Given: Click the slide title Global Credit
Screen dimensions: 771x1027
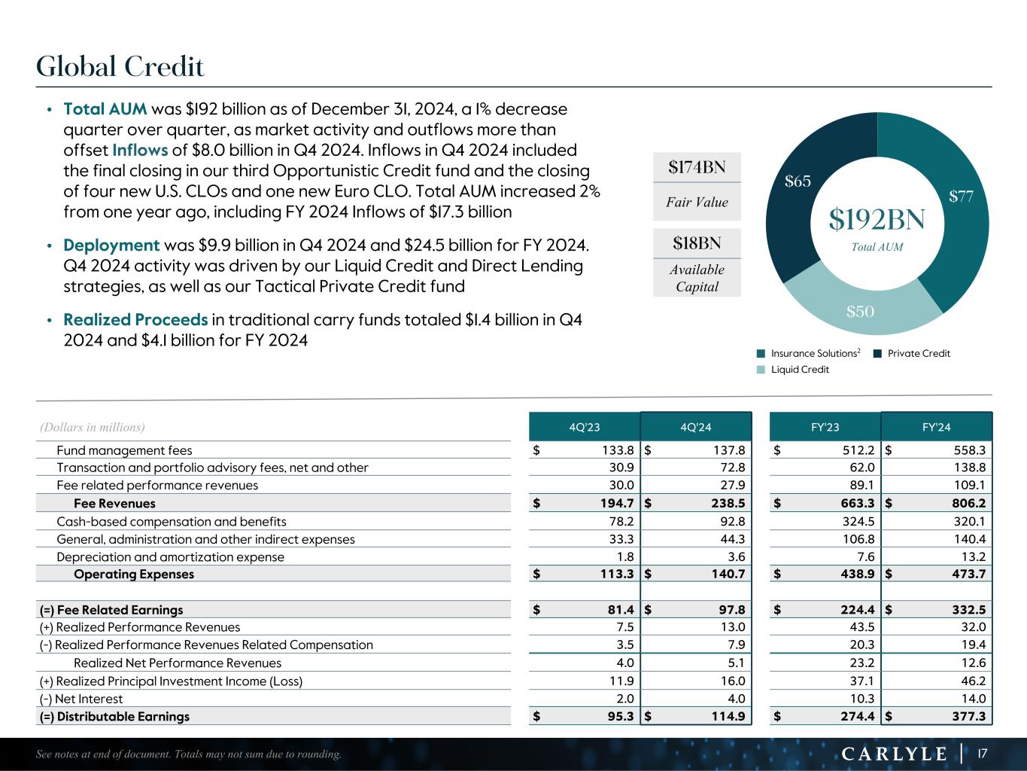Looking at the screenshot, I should pyautogui.click(x=120, y=67).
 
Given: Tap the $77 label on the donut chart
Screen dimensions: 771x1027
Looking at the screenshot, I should pyautogui.click(x=962, y=197).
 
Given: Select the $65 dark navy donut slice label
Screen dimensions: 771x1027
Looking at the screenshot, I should pyautogui.click(x=798, y=181).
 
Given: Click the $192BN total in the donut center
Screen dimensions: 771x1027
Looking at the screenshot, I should pyautogui.click(x=877, y=220).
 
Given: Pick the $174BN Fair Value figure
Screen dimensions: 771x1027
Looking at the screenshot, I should pyautogui.click(x=697, y=167).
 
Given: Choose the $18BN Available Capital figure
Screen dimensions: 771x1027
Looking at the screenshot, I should pyautogui.click(x=697, y=243).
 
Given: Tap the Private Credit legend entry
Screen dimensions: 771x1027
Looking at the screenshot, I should pyautogui.click(x=918, y=353).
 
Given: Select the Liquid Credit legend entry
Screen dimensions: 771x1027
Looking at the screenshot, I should pyautogui.click(x=800, y=370).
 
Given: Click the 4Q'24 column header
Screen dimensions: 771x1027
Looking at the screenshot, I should pyautogui.click(x=696, y=427).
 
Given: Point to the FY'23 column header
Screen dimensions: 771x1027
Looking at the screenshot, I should pyautogui.click(x=825, y=427).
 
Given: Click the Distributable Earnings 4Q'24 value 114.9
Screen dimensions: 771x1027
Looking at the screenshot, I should pyautogui.click(x=726, y=716).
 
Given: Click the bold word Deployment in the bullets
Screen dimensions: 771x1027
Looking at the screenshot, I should pyautogui.click(x=111, y=245).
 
